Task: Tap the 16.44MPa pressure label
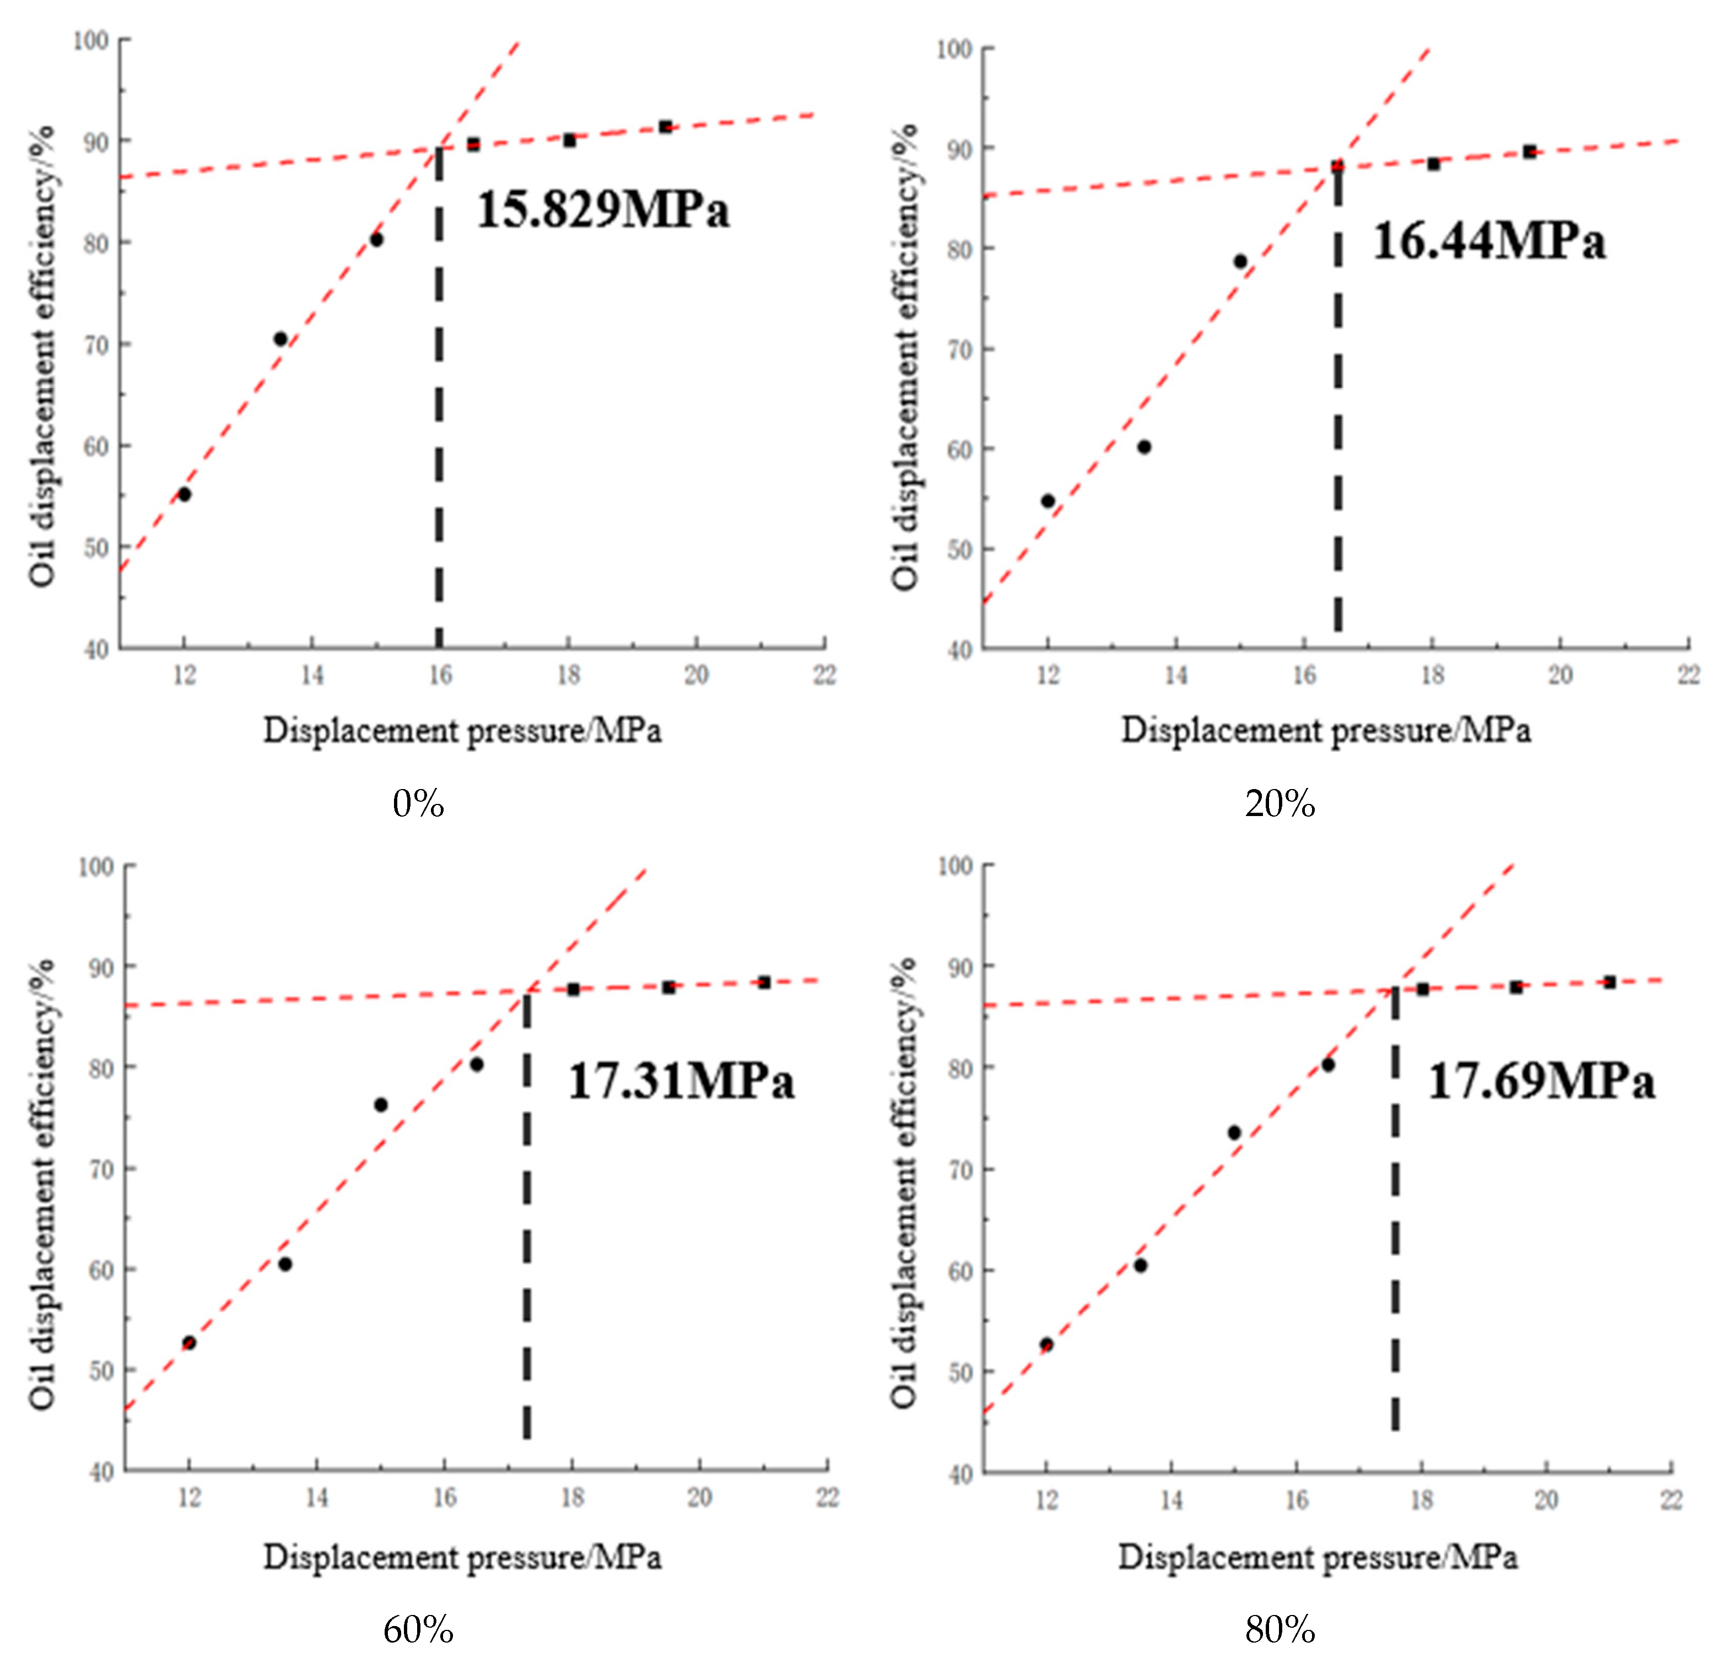(x=1489, y=241)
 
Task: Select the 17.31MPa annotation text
(x=681, y=1081)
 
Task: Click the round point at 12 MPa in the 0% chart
(x=185, y=495)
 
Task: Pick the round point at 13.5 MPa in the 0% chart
(x=280, y=339)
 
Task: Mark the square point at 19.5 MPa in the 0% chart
(x=665, y=127)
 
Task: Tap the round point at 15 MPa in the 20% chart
(x=1240, y=261)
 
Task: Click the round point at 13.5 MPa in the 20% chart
(x=1144, y=447)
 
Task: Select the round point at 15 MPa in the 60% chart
(x=380, y=1105)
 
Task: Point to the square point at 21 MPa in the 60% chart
(x=764, y=982)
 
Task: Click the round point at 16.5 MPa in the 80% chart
(x=1327, y=1065)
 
